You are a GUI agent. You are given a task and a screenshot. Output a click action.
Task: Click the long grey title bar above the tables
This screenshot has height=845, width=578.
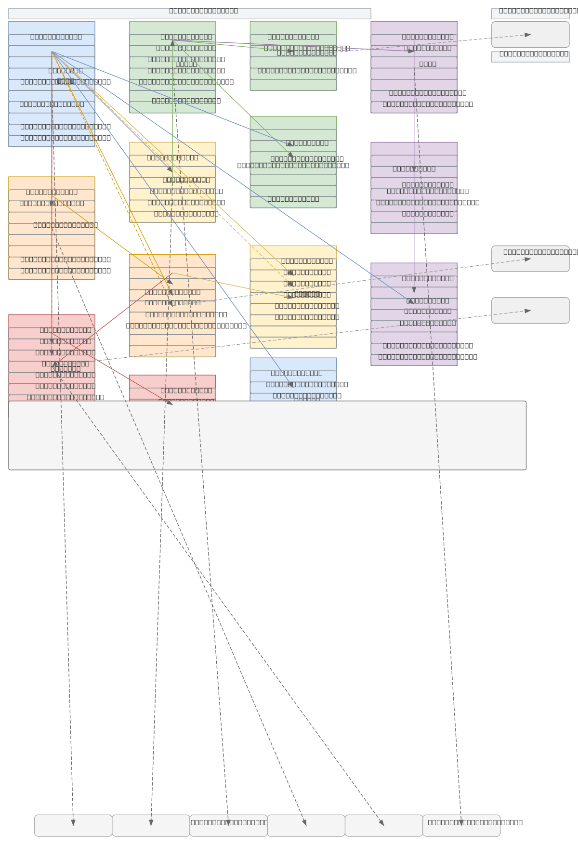[x=189, y=14]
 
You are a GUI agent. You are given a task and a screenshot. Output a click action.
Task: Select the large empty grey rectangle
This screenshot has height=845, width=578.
[x=267, y=435]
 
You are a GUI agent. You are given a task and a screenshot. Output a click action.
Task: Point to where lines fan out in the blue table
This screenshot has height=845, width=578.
[x=52, y=52]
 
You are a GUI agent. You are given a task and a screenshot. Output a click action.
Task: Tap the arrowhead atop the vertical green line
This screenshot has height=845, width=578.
[x=172, y=43]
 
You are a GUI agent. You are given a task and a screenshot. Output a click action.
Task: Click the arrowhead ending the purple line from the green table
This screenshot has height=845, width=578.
[x=411, y=51]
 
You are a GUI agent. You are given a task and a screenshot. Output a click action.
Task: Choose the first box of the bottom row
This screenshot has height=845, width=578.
[x=73, y=825]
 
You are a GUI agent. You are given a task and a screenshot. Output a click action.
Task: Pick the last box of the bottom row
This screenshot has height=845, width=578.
[x=461, y=825]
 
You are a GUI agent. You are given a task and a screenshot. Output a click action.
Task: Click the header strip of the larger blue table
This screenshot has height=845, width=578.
[x=52, y=28]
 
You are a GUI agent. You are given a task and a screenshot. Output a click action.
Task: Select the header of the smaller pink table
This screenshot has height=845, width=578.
[x=172, y=381]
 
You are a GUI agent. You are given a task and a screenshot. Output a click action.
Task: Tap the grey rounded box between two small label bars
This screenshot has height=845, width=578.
[x=530, y=35]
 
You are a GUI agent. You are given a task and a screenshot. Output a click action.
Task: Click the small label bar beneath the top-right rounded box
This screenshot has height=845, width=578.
[x=530, y=57]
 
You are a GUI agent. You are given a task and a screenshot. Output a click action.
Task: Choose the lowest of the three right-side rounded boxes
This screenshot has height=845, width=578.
[x=530, y=311]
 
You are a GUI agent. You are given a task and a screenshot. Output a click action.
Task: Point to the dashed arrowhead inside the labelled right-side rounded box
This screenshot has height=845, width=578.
[x=528, y=259]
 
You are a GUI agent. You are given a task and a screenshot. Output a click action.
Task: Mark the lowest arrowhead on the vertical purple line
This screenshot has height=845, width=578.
[x=414, y=290]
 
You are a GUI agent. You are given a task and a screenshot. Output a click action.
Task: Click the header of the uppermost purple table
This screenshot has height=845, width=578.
[x=414, y=28]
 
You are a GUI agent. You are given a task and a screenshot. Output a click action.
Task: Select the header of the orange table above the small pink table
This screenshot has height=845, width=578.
[x=172, y=260]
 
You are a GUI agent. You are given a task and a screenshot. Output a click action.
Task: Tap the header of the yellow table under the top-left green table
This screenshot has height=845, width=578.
[x=172, y=148]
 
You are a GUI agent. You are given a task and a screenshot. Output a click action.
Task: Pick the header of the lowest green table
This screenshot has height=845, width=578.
[x=293, y=123]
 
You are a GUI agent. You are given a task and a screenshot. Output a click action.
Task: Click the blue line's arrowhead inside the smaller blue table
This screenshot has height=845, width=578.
[x=291, y=384]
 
